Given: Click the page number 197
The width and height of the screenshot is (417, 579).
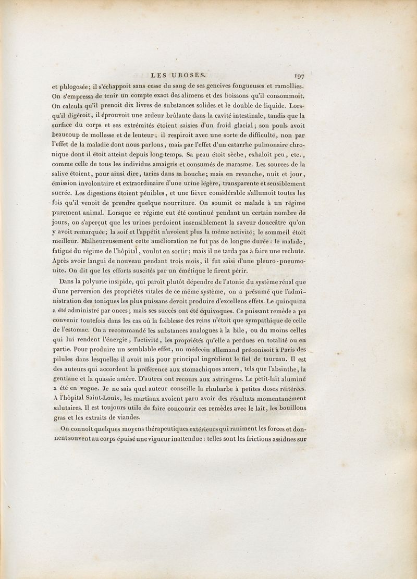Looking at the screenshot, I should [x=299, y=76].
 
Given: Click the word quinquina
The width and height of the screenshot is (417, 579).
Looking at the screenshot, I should [x=288, y=301].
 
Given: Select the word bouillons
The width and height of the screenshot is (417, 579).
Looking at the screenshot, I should [x=289, y=407].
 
